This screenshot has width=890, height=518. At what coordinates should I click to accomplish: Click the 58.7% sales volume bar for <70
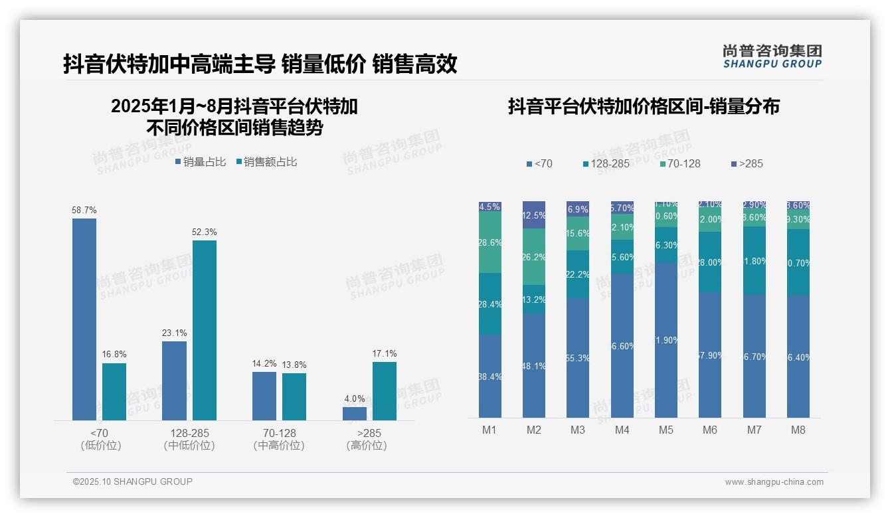click(84, 319)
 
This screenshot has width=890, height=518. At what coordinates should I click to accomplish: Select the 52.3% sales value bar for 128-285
click(205, 330)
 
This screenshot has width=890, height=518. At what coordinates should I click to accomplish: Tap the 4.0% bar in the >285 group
click(355, 413)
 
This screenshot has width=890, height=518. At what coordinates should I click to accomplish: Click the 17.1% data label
click(385, 353)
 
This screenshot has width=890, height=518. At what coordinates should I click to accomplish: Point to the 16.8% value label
click(114, 355)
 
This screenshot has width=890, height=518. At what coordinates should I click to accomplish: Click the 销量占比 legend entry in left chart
click(201, 162)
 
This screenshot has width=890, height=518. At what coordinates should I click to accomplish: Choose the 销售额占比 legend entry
click(266, 162)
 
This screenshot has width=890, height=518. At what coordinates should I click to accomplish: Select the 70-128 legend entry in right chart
click(681, 163)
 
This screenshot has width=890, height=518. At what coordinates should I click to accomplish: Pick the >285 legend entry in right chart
click(747, 163)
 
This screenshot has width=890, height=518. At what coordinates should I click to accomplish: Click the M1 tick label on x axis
click(489, 430)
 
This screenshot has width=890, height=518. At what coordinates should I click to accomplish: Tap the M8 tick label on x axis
click(798, 430)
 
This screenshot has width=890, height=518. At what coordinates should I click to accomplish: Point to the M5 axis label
click(666, 430)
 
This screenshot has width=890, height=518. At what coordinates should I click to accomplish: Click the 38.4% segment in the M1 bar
click(490, 376)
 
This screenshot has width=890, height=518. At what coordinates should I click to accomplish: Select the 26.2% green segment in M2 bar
click(534, 257)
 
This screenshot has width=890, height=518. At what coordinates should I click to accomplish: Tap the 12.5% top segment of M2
click(534, 215)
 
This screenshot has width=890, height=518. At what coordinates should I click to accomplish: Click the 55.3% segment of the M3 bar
click(578, 358)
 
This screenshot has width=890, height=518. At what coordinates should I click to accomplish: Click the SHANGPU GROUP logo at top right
click(772, 56)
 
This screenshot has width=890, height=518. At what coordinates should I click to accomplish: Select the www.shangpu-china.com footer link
click(774, 482)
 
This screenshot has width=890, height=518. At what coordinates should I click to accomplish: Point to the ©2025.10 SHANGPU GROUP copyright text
click(133, 482)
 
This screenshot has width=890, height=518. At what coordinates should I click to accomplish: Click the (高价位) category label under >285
click(367, 446)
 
